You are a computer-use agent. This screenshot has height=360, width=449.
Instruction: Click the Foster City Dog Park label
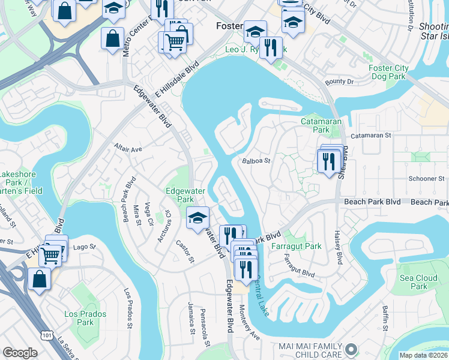click(388, 73)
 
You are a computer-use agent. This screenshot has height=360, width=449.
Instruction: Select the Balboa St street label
click(257, 161)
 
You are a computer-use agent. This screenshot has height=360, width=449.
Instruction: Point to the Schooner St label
click(426, 179)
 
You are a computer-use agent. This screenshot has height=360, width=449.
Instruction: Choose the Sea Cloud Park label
click(418, 282)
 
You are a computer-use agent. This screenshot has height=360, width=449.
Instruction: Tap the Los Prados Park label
click(85, 318)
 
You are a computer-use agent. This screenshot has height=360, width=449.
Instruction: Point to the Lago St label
click(84, 247)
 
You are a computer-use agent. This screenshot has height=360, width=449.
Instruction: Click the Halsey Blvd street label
click(337, 246)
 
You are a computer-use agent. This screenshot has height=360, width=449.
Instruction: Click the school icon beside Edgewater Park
click(197, 218)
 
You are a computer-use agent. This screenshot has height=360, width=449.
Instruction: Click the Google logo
click(20, 353)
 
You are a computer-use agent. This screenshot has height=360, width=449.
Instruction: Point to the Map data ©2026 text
click(423, 355)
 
